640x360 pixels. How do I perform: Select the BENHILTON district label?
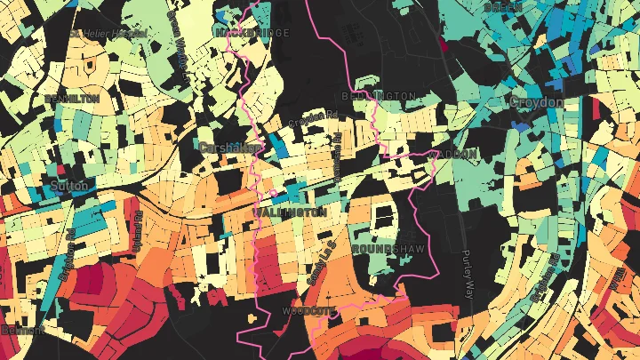point(71,99)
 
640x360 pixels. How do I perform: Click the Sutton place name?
point(71,186)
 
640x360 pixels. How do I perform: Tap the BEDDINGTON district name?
point(379,95)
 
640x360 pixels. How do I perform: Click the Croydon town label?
point(536,103)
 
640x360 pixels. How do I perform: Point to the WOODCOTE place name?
point(307,311)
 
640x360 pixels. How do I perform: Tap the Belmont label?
point(18,330)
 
